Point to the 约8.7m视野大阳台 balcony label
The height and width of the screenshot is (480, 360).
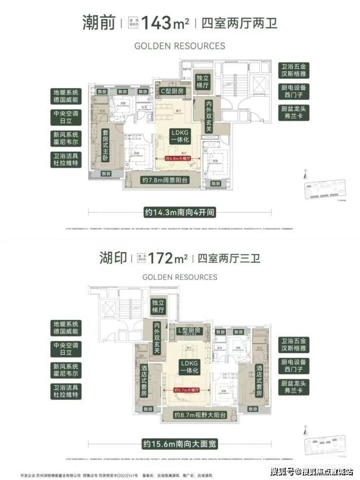[200, 416]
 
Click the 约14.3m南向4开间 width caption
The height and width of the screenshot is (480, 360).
[180, 212]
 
